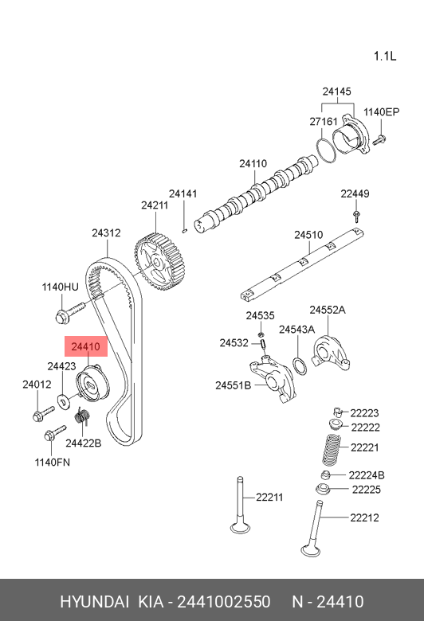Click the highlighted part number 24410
[85, 347]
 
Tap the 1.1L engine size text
[385, 56]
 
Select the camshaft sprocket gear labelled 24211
[160, 262]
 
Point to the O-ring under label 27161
[326, 150]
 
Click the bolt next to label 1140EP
[379, 140]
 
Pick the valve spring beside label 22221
[331, 450]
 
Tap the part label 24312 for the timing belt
[106, 232]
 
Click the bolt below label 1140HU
[70, 313]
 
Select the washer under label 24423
[63, 400]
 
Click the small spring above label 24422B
[83, 416]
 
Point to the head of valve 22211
[240, 528]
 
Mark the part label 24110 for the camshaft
[253, 163]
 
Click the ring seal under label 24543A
[300, 365]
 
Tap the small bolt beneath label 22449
[357, 217]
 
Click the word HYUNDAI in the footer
[94, 602]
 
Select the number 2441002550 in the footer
[224, 602]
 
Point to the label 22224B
[367, 475]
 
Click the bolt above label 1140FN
[55, 433]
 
